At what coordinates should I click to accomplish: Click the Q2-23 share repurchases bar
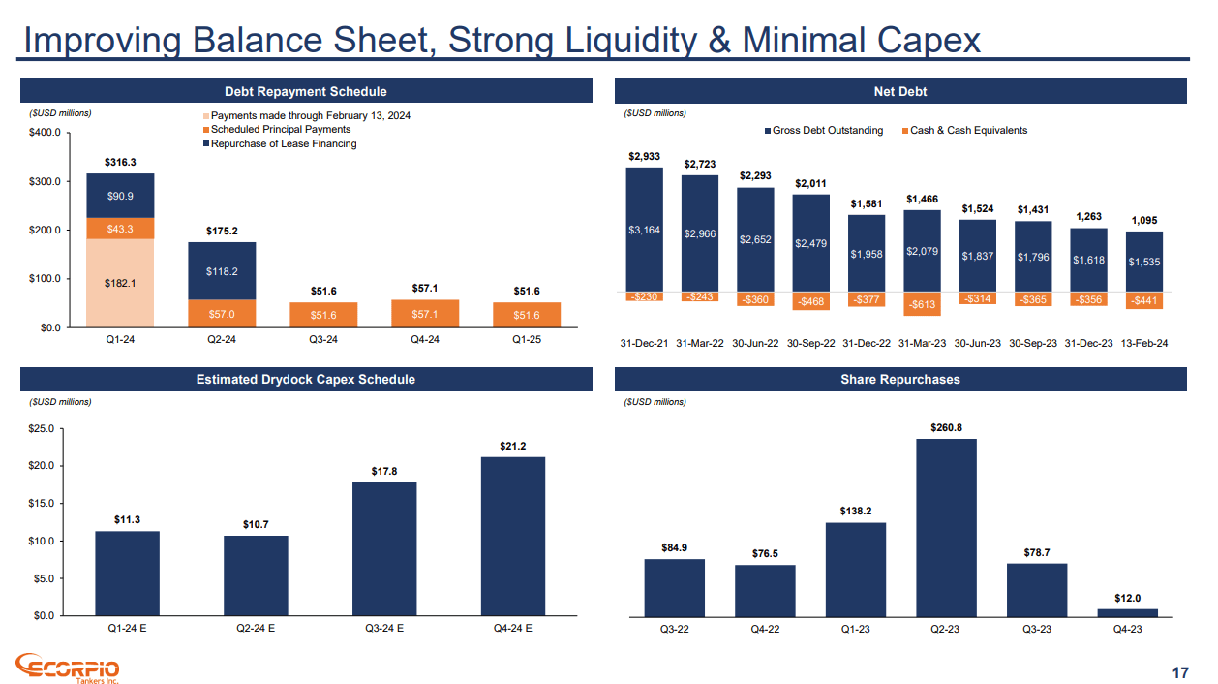click(946, 527)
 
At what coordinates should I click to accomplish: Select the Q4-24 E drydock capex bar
click(512, 536)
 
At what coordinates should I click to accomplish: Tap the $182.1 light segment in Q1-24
click(120, 282)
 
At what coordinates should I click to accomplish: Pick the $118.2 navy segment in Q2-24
click(222, 270)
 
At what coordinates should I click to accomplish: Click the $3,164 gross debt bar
click(644, 230)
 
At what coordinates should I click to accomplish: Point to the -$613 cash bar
click(921, 304)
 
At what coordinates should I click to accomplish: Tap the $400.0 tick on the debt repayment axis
click(46, 133)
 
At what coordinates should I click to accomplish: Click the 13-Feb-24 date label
click(1143, 344)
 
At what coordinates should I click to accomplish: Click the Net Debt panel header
click(899, 92)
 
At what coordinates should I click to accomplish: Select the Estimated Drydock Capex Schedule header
click(306, 380)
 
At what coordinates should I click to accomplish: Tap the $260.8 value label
click(946, 426)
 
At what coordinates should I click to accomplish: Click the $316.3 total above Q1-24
click(120, 162)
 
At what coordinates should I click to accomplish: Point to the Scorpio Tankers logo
click(68, 668)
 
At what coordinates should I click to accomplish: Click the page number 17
click(1179, 672)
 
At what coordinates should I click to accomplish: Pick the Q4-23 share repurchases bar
click(1128, 611)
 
